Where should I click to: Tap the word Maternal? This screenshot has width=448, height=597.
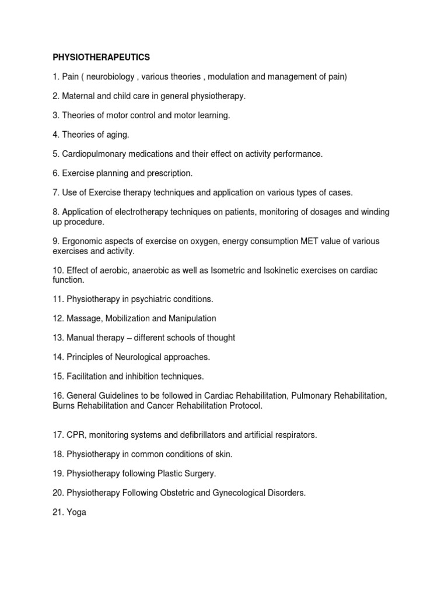click(x=80, y=96)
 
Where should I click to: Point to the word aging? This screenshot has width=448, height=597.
click(x=116, y=135)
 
